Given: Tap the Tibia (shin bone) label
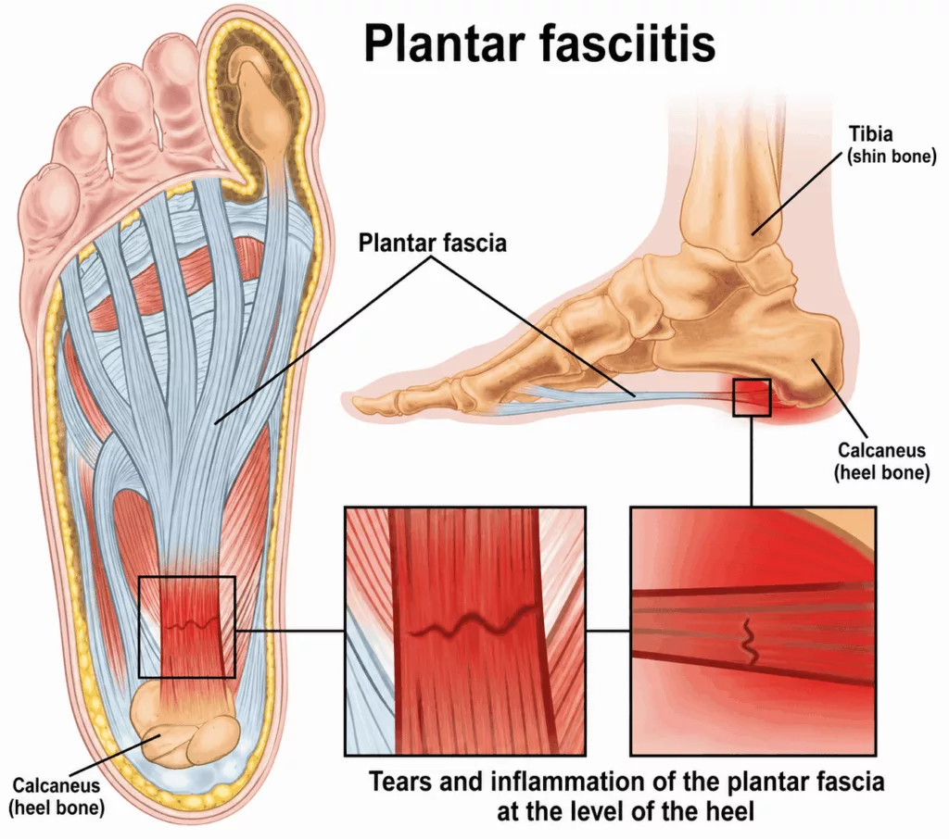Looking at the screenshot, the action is pyautogui.click(x=892, y=144).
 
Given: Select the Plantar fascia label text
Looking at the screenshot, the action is pyautogui.click(x=432, y=243).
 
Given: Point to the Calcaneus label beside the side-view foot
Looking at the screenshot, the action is pyautogui.click(x=882, y=461).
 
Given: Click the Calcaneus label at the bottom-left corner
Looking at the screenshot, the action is pyautogui.click(x=57, y=796).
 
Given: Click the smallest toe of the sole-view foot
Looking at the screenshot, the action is pyautogui.click(x=48, y=187).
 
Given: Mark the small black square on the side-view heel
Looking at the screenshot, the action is pyautogui.click(x=752, y=397).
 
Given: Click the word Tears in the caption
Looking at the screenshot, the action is pyautogui.click(x=400, y=782).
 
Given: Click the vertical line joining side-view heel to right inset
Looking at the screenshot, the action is pyautogui.click(x=752, y=461).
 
